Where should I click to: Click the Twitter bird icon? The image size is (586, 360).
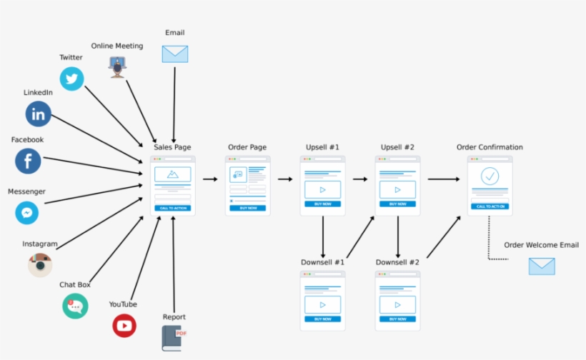71,79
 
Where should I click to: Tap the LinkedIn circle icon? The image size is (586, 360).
39,114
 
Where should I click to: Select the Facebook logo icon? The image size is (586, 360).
28,161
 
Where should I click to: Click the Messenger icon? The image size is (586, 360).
27,213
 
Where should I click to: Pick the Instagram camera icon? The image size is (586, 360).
40,265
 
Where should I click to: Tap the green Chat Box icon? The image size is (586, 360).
75,306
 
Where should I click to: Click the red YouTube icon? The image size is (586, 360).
124,326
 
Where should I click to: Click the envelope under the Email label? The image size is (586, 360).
174,54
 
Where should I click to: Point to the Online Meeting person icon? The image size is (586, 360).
116,67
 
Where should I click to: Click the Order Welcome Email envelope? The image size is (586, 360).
542,266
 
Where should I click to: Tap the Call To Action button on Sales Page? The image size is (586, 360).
173,208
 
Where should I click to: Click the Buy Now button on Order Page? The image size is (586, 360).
248,208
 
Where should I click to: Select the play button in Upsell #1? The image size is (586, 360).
322,189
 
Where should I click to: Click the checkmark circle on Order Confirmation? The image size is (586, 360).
490,176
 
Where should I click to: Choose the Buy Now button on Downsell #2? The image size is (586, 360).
397,319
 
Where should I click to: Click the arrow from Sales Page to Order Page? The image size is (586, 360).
210,179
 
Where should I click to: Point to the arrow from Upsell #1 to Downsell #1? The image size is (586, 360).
323,236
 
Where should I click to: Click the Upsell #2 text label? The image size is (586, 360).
397,147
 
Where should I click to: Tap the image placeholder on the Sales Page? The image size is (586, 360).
172,174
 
